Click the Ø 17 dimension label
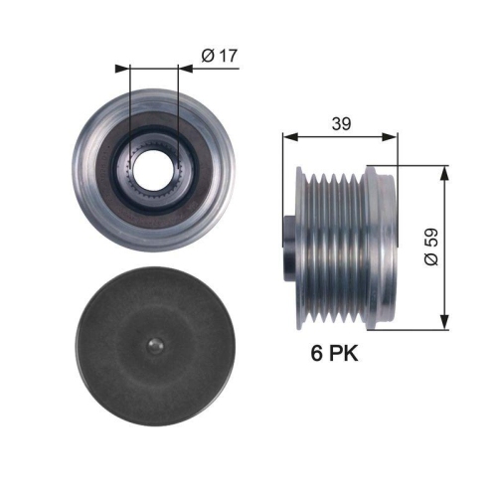pos(220,57)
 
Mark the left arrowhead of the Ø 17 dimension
pos(121,69)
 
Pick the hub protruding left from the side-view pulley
pos(289,243)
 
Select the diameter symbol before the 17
pos(207,57)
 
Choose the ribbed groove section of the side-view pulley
pos(332,243)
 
